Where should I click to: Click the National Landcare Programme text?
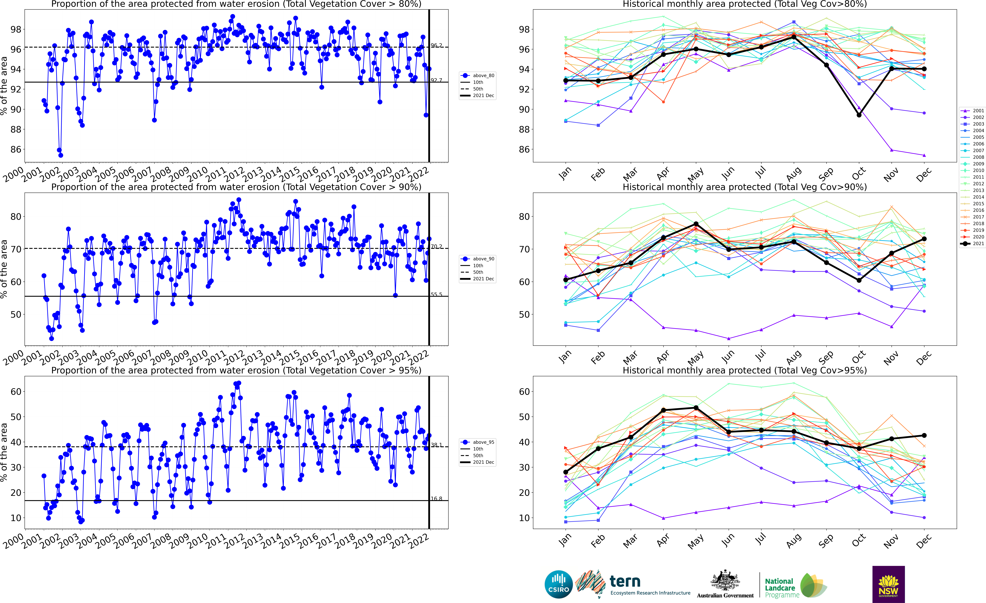click(x=779, y=588)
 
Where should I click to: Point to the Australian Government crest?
click(x=725, y=581)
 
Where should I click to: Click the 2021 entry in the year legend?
click(x=972, y=244)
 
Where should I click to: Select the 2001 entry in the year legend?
click(x=972, y=111)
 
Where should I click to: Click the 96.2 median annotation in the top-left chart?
click(x=436, y=46)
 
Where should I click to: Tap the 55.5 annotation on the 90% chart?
click(x=436, y=295)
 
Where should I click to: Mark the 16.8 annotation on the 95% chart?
click(x=436, y=499)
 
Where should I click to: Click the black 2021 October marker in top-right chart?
click(x=859, y=115)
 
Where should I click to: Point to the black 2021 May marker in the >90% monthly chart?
click(x=696, y=224)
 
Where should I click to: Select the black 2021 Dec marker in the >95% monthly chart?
click(x=924, y=435)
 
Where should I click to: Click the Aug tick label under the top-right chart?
click(x=794, y=174)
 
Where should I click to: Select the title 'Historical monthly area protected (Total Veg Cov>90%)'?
click(x=744, y=187)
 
